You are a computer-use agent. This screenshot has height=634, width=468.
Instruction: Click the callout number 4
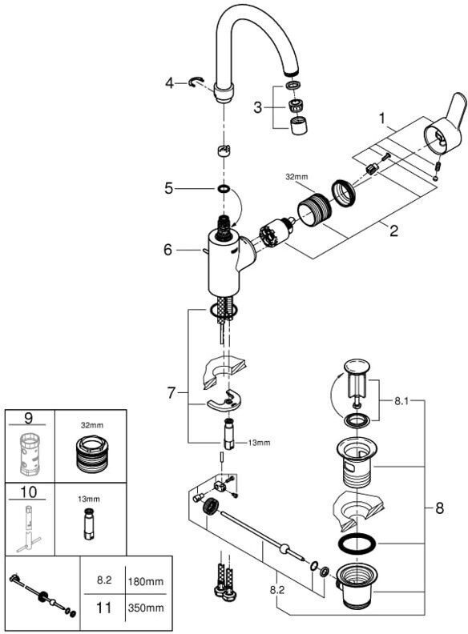coord(169,83)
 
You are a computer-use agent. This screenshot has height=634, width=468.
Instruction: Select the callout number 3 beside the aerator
coord(257,107)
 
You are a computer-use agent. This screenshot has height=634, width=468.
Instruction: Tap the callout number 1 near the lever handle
coord(381,118)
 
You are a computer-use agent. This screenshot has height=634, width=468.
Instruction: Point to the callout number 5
coord(168,188)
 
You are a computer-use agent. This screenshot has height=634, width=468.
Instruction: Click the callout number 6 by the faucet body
coord(168,250)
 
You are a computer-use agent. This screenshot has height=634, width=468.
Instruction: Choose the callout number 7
coord(171,392)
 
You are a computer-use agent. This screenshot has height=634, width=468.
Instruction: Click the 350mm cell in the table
coord(146,608)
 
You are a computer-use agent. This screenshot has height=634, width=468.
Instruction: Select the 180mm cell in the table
coord(146,582)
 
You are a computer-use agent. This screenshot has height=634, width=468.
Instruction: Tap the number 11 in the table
coord(103,608)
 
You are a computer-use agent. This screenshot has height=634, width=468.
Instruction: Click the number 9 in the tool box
coord(28,418)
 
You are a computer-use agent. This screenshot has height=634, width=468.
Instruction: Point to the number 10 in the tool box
coord(28,492)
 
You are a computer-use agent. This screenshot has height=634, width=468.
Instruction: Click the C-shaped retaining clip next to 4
coord(196,82)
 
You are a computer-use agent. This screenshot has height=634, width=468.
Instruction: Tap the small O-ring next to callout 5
coord(224,188)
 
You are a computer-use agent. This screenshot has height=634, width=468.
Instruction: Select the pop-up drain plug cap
coord(357,367)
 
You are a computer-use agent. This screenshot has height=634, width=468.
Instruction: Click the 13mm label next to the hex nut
coord(259,443)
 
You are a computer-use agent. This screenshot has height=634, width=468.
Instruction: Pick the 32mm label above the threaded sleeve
coord(297,177)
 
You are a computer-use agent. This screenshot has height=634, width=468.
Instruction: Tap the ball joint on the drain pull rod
coord(287,548)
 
